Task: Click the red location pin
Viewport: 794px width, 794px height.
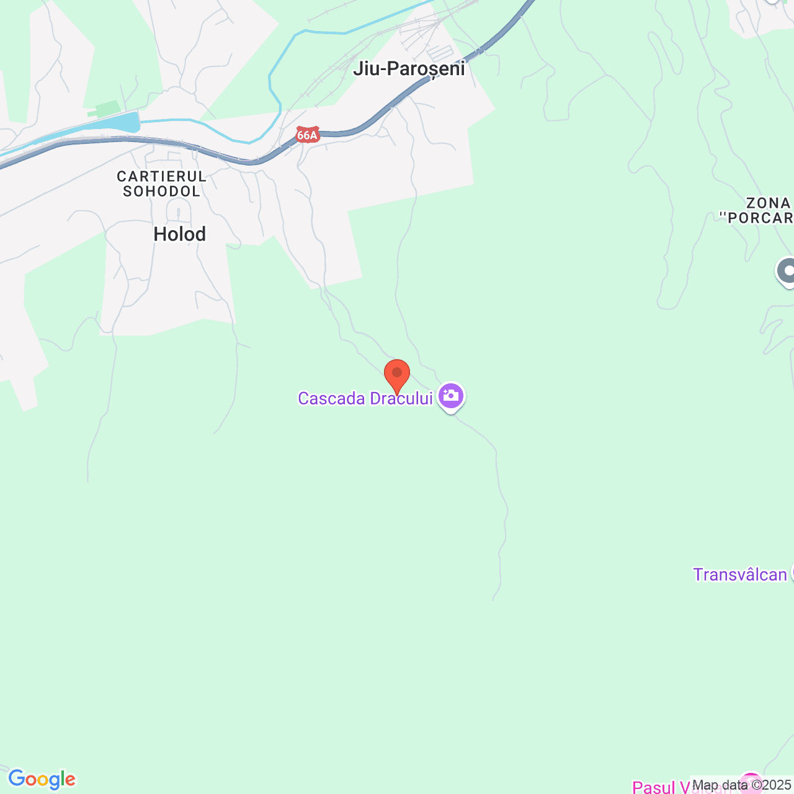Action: tap(397, 374)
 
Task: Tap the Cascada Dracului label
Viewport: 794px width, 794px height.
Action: tap(365, 398)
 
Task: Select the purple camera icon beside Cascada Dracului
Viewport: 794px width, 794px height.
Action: tap(451, 395)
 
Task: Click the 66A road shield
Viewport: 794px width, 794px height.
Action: tap(307, 135)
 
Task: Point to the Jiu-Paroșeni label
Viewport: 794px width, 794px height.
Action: tap(409, 68)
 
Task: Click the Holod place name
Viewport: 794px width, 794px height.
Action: tap(180, 234)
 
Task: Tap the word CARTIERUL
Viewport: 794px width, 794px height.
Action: tap(162, 177)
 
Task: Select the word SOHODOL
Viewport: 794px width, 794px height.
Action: tap(162, 192)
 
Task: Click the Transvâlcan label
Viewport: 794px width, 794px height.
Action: tap(740, 574)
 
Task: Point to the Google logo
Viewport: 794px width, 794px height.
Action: tap(42, 779)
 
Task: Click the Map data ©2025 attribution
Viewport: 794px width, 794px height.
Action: tap(741, 785)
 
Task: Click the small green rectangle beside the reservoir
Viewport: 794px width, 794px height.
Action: tap(107, 109)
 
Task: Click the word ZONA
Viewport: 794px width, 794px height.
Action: tap(769, 203)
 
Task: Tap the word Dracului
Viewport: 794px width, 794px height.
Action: tap(401, 398)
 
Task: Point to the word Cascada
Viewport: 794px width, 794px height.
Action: tap(331, 398)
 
